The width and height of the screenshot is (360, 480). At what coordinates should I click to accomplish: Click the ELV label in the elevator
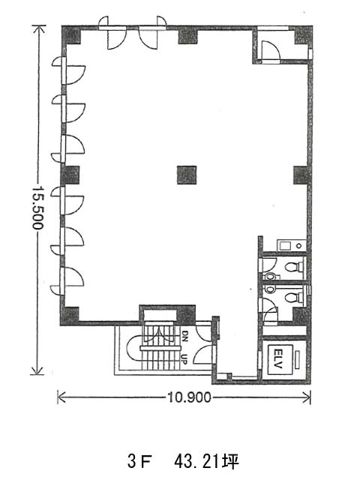(x=278, y=358)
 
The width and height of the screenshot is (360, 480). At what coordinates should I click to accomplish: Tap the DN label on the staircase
(x=185, y=335)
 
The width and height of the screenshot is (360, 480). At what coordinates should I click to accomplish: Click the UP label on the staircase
(x=184, y=359)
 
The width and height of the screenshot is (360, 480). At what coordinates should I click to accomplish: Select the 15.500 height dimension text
(x=37, y=207)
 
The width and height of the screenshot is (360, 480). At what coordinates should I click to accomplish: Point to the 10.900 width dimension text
(x=189, y=397)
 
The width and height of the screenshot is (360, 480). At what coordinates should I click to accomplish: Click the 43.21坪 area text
(x=206, y=462)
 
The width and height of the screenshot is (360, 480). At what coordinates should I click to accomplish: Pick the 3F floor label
(x=140, y=462)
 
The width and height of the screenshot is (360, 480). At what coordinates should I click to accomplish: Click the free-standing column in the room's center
(x=187, y=175)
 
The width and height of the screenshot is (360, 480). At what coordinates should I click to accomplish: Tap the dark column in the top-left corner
(x=71, y=35)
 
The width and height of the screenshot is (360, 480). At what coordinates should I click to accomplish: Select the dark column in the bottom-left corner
(x=70, y=316)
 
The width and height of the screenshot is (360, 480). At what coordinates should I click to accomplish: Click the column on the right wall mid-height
(x=302, y=175)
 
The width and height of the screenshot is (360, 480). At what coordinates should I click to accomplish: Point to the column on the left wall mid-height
(x=70, y=175)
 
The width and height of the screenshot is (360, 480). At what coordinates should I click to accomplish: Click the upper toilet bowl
(x=293, y=267)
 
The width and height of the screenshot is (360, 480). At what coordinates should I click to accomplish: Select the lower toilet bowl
(x=293, y=297)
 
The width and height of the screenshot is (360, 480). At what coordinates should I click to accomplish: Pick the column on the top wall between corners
(x=187, y=35)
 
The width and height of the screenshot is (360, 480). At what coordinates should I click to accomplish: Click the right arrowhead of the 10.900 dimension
(x=307, y=397)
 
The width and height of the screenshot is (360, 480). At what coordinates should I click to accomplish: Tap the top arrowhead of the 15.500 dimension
(x=38, y=29)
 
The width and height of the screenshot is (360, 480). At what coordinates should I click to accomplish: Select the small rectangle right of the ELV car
(x=298, y=360)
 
